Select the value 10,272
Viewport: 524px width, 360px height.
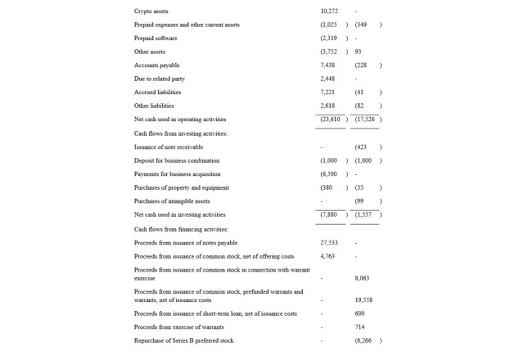point(329,11)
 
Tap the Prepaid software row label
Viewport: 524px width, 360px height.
point(156,38)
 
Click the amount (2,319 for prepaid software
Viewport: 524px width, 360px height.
point(329,38)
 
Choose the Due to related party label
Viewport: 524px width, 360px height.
point(160,79)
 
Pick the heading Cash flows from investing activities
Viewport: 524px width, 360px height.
point(181,133)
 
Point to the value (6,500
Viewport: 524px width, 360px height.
point(329,174)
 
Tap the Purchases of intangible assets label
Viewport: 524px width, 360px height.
point(172,201)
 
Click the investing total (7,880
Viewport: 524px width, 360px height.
point(329,214)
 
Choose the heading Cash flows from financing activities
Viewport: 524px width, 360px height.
point(181,229)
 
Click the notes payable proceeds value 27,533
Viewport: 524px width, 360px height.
point(329,243)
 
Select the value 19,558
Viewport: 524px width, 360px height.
point(364,300)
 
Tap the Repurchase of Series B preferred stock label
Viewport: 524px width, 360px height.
point(183,340)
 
